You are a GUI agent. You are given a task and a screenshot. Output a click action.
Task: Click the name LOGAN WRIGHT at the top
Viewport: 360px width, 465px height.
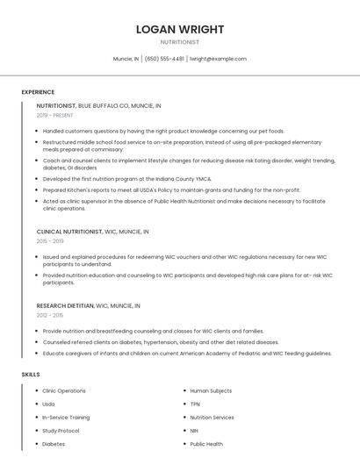point(180,29)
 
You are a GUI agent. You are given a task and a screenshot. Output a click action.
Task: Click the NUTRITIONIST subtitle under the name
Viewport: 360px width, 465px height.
point(180,42)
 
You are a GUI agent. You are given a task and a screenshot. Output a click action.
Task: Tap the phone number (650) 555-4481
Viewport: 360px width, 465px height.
point(164,59)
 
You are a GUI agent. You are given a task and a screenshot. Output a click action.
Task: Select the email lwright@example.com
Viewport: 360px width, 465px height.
point(219,59)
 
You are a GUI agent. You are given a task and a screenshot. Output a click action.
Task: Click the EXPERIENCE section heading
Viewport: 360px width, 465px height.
point(38,92)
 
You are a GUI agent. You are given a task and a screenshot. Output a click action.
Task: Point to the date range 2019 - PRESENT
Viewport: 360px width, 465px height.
point(54,115)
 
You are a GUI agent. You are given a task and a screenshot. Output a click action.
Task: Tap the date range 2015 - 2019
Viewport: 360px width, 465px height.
point(50,241)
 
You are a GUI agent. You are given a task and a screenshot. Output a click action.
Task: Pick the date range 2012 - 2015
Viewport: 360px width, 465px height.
point(50,315)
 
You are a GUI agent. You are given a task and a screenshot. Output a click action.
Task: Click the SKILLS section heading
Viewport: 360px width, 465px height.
point(31,375)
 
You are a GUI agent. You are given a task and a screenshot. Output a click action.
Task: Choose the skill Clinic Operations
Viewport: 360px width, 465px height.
point(64,390)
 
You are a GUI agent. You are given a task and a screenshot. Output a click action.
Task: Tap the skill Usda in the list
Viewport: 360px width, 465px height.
point(48,404)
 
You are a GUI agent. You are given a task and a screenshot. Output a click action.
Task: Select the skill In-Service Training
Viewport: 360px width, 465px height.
point(66,418)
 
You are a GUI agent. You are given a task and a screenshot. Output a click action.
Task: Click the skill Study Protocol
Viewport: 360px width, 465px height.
point(61,431)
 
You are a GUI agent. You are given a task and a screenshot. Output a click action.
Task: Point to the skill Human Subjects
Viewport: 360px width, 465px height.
point(211,390)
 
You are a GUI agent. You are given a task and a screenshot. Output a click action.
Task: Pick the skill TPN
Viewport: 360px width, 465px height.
point(196,404)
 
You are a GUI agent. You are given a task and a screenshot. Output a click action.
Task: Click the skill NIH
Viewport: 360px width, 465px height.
point(195,431)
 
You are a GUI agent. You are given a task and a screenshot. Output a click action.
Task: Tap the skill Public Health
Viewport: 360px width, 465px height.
point(206,444)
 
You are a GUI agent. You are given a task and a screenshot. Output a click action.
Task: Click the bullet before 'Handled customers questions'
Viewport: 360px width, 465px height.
point(38,132)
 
